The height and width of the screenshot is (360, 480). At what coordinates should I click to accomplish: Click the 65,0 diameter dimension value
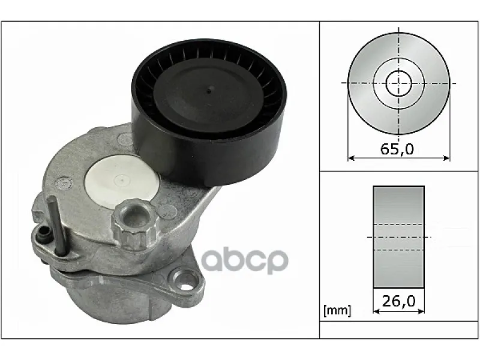point(397,149)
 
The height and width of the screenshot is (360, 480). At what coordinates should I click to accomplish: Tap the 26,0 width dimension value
point(398,301)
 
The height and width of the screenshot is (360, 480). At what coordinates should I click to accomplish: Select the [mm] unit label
point(337,310)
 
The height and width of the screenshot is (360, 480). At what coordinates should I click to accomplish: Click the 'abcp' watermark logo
point(244,261)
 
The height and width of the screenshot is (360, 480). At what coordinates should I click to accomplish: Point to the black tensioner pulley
point(209,112)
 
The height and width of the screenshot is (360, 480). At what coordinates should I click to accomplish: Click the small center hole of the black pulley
point(209,91)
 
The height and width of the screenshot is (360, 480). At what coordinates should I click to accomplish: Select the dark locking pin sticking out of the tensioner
point(58,225)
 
